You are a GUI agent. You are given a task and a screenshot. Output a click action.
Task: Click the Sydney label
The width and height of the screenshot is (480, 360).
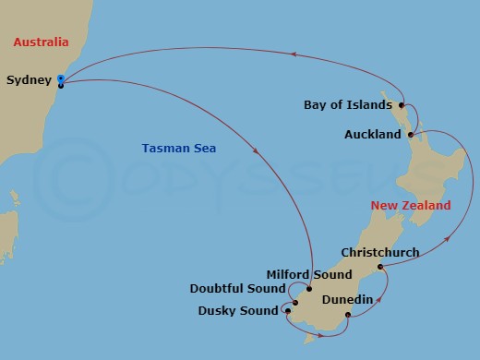tap(28, 80)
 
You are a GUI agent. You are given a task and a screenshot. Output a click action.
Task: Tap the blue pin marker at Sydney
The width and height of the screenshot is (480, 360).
tap(60, 83)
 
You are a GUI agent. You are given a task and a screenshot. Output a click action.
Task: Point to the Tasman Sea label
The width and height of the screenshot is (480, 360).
tap(173, 148)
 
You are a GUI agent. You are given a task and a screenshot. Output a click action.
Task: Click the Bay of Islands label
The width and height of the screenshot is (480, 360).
tap(347, 104)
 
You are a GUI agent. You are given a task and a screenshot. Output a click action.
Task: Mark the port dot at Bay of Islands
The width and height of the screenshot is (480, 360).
tap(402, 105)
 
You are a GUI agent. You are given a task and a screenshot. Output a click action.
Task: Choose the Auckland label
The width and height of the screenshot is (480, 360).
tap(372, 135)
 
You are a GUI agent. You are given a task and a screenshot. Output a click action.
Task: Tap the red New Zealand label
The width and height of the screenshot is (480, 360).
tap(410, 205)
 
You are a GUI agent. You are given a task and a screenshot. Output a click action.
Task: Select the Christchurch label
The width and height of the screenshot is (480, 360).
tap(379, 252)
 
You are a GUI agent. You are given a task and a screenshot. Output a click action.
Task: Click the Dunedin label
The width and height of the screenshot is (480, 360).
tap(347, 300)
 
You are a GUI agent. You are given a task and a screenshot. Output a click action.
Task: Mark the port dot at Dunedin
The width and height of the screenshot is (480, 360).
tap(347, 317)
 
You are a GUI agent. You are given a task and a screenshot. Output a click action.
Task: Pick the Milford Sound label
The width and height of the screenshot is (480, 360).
tap(308, 274)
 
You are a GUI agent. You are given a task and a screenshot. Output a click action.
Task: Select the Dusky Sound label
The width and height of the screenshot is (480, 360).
tap(237, 310)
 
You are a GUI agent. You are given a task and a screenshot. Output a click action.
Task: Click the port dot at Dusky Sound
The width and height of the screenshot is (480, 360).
tap(287, 311)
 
